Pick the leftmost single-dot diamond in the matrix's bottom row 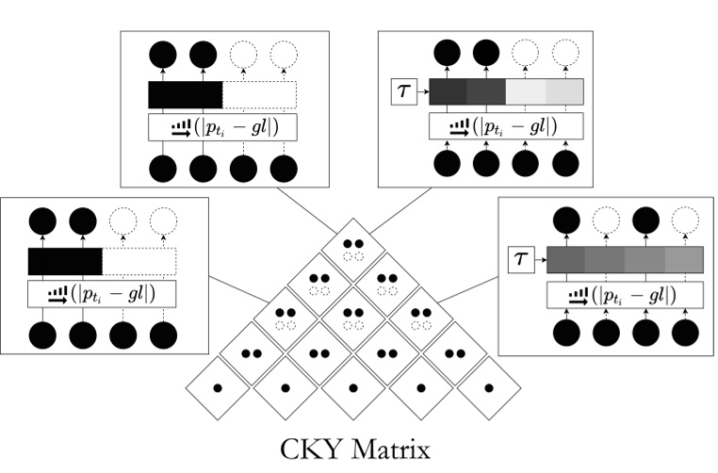tap(216, 387)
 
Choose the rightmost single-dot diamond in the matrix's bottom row tap(487, 387)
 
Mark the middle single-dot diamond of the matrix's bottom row tap(351, 387)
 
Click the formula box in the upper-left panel tap(222, 126)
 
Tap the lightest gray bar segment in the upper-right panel tap(564, 91)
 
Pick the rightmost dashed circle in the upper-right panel tap(564, 54)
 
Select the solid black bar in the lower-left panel tap(65, 261)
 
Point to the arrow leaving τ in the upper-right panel tap(420, 92)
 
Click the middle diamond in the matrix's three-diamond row tap(352, 317)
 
